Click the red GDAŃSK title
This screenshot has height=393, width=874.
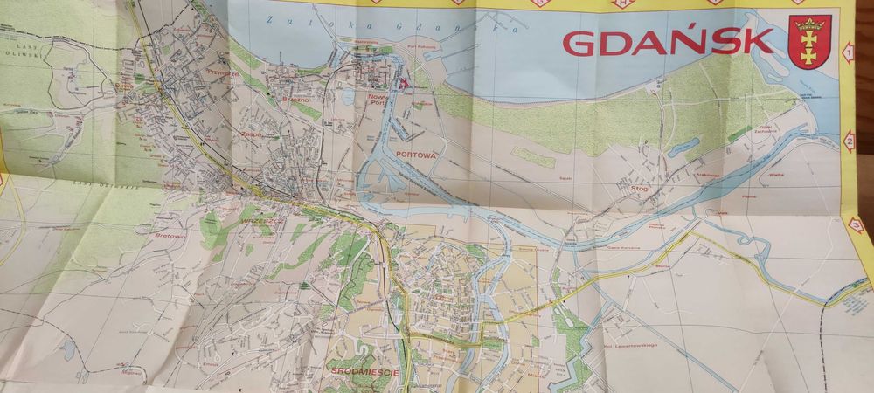tap(668, 40)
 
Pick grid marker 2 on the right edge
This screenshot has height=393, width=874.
tap(850, 141)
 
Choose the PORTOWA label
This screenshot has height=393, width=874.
tap(415, 152)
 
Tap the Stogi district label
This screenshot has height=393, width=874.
tap(642, 186)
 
